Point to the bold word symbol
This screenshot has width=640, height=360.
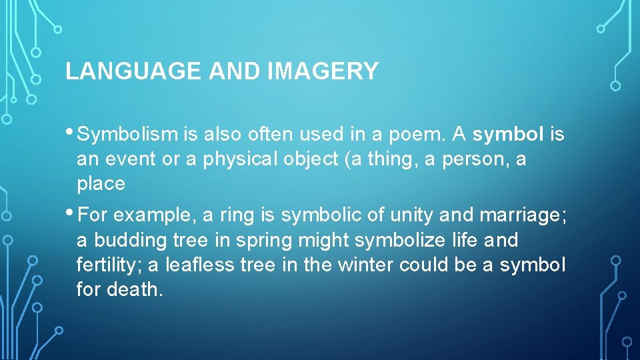[x=508, y=135]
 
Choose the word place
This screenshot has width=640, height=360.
[x=101, y=184]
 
